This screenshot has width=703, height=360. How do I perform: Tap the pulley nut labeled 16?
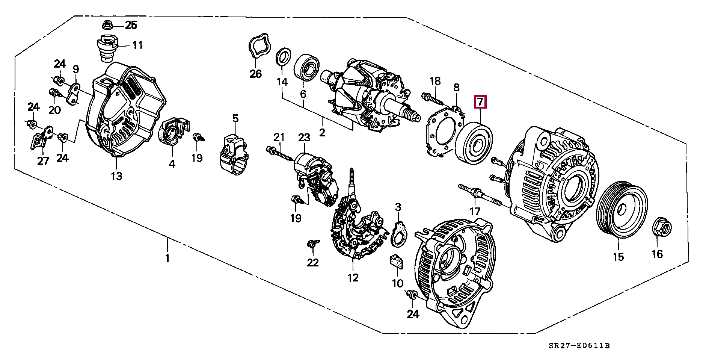[x=662, y=226]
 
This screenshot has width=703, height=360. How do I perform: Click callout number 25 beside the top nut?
[x=131, y=26]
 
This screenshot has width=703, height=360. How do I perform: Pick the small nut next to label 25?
[x=107, y=26]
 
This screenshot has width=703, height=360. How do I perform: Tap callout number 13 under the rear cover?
[x=116, y=175]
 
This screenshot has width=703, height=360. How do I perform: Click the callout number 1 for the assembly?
[x=167, y=259]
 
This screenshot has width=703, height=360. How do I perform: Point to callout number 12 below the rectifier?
[x=353, y=278]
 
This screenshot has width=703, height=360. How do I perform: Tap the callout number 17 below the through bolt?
[x=475, y=211]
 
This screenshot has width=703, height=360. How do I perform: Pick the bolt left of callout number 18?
[x=430, y=99]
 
